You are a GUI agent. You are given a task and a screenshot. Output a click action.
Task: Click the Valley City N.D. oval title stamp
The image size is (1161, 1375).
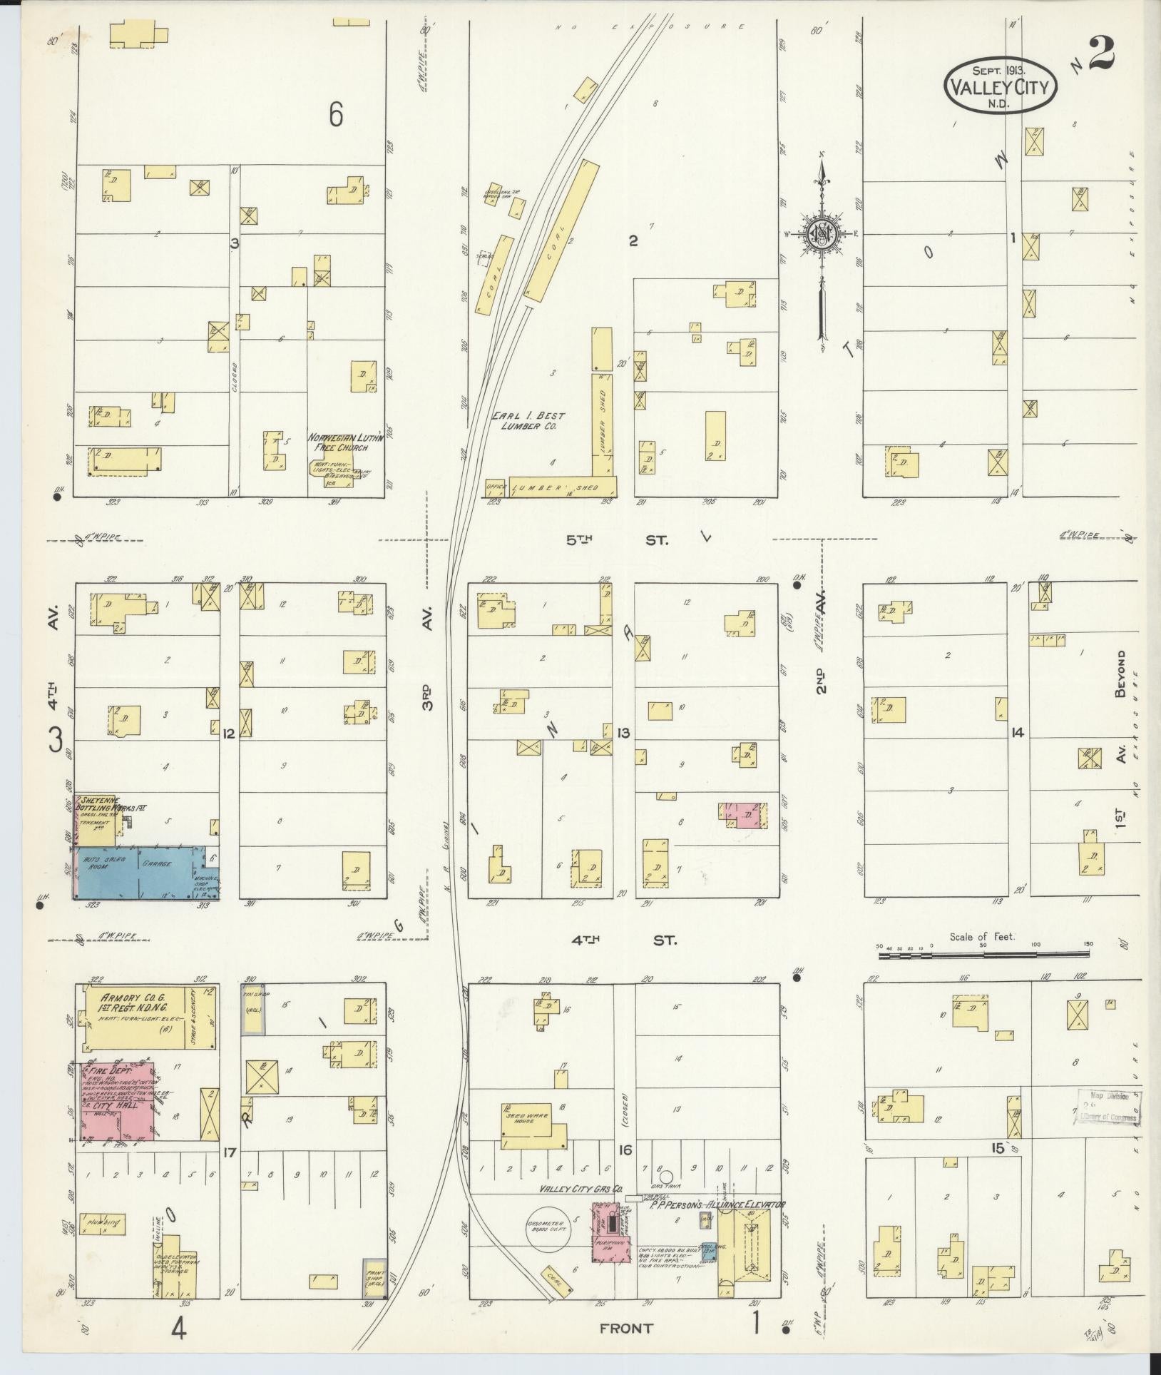[1001, 85]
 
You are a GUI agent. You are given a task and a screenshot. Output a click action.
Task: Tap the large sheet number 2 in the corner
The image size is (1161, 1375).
[1102, 54]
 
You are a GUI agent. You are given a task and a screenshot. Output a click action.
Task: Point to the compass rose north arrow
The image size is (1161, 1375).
[822, 235]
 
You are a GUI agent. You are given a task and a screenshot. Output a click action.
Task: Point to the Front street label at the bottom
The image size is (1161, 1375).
[627, 1328]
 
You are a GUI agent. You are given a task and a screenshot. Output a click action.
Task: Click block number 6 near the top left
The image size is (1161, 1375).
[336, 114]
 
